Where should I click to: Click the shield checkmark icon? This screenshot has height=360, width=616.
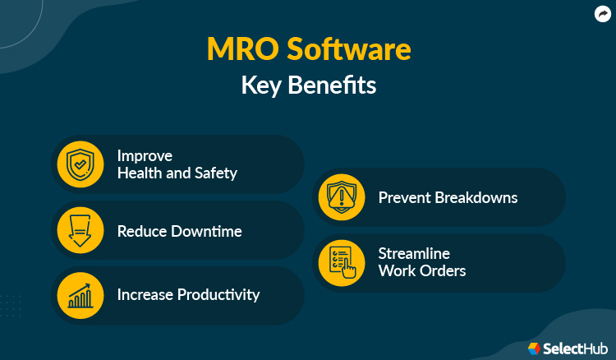(x=80, y=164)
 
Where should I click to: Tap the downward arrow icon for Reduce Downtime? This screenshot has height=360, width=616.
(x=80, y=230)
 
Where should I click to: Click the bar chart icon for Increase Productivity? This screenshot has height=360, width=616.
(x=80, y=294)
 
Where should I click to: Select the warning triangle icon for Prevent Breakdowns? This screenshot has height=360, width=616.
(x=341, y=197)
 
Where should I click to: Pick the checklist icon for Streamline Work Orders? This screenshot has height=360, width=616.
(x=341, y=262)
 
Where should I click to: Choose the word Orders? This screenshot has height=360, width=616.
(x=444, y=270)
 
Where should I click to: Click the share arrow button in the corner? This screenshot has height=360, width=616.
(x=601, y=13)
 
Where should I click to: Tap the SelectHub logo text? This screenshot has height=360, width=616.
(x=575, y=348)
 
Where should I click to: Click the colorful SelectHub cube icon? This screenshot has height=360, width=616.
(x=535, y=348)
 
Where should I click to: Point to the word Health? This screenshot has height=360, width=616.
(x=139, y=173)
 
